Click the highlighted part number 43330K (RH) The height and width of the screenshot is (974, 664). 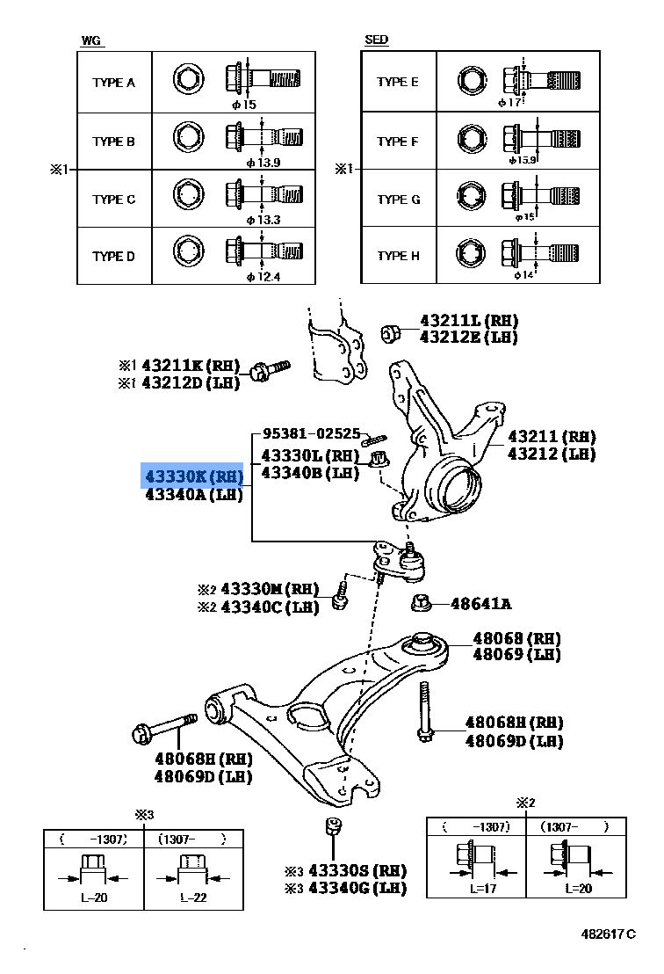click(193, 476)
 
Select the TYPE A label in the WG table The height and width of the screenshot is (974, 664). click(113, 83)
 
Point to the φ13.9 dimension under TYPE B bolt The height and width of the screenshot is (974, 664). click(263, 163)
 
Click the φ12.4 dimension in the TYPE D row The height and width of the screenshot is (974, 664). click(263, 278)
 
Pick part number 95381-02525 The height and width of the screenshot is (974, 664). click(311, 433)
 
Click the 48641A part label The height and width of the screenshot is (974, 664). click(480, 604)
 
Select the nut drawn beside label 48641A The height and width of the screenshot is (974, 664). click(421, 602)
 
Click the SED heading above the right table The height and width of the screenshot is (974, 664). click(376, 40)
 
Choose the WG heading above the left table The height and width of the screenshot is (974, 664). click(90, 40)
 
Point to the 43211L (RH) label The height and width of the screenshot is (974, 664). click(468, 321)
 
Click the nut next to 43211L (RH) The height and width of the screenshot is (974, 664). click(392, 332)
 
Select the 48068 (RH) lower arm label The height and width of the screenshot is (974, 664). click(516, 638)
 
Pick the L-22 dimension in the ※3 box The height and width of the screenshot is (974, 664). click(192, 898)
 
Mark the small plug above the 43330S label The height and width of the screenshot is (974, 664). click(333, 826)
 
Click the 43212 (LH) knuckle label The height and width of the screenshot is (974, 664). click(551, 454)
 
